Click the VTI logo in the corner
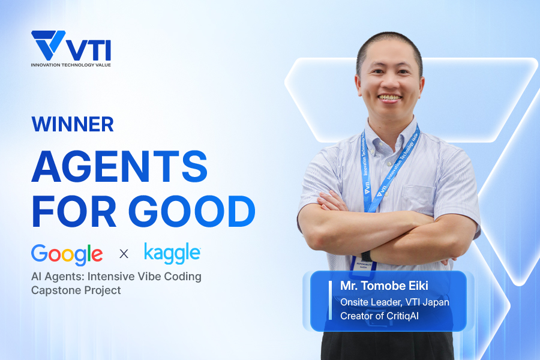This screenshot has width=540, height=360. coord(71,48)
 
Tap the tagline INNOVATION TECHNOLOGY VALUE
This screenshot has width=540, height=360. coord(71,65)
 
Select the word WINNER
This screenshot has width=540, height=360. coord(73,124)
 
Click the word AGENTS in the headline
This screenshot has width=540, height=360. coord(119,166)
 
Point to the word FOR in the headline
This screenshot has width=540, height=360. coord(74,211)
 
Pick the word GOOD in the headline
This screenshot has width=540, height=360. coord(192,211)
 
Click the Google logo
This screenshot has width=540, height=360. coord(67,254)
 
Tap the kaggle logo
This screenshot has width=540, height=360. coord(172,254)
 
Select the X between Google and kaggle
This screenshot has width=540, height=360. coord(124,254)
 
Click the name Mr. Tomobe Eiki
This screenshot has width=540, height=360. coord(385,286)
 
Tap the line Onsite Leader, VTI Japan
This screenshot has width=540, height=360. coord(395,302)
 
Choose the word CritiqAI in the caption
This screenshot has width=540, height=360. coord(403,316)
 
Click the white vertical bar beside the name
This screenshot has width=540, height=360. coord(330,300)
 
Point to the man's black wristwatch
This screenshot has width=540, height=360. coord(367,256)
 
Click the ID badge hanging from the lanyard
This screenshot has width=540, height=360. coord(364,266)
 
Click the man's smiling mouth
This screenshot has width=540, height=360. coord(390,98)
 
